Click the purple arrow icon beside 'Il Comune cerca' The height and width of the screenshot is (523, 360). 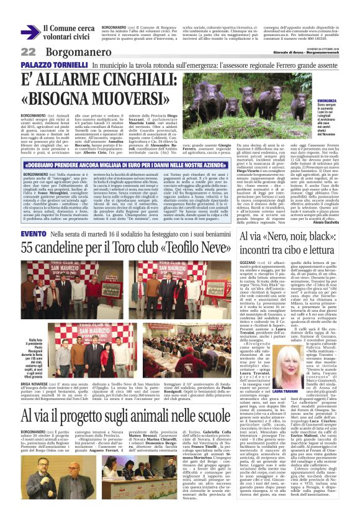click(x=29, y=32)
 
